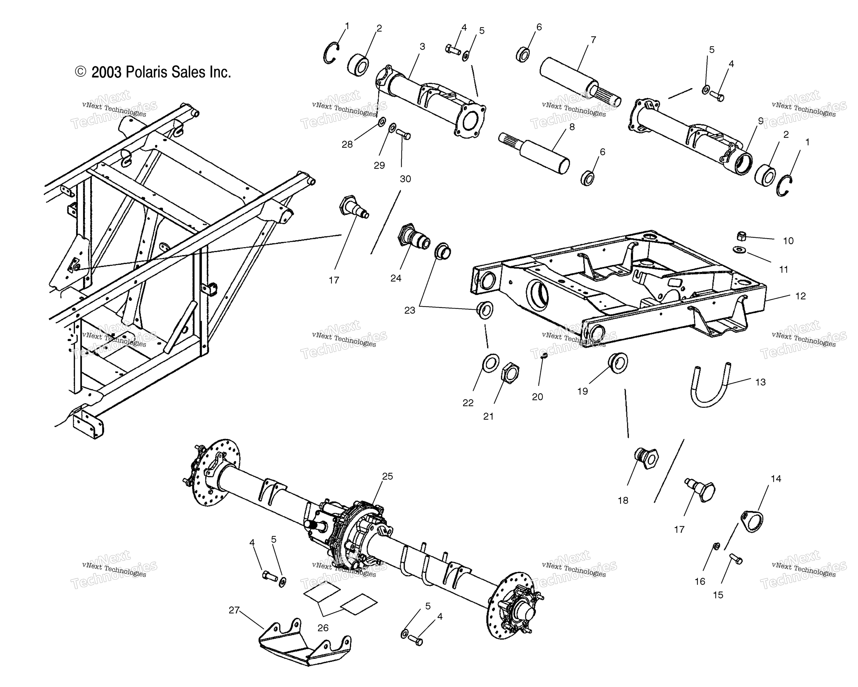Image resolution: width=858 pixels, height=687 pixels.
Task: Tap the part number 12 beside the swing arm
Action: point(800,296)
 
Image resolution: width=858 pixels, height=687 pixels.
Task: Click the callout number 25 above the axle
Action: point(387,476)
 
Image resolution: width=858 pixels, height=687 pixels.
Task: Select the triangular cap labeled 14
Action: point(752,521)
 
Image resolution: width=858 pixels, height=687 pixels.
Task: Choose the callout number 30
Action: point(405,179)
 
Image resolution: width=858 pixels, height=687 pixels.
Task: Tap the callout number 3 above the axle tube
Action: point(422,47)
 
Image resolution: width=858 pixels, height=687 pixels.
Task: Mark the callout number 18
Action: point(623,500)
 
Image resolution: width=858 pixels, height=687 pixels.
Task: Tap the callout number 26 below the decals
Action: point(323,628)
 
